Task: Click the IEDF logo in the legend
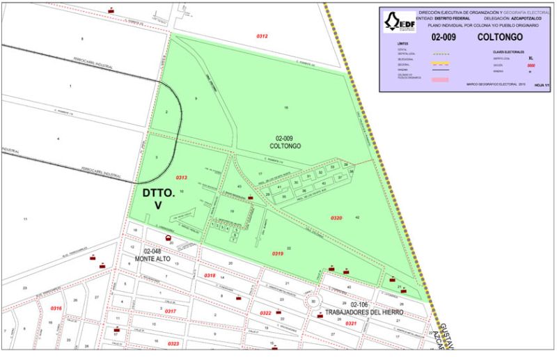pyautogui.click(x=399, y=23)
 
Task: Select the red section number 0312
pyautogui.click(x=262, y=36)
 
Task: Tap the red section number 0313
pyautogui.click(x=181, y=178)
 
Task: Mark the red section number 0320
pyautogui.click(x=336, y=219)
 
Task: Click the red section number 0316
pyautogui.click(x=56, y=308)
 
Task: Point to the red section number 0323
pyautogui.click(x=173, y=343)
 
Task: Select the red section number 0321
pyautogui.click(x=351, y=323)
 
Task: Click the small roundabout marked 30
pyautogui.click(x=313, y=301)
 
